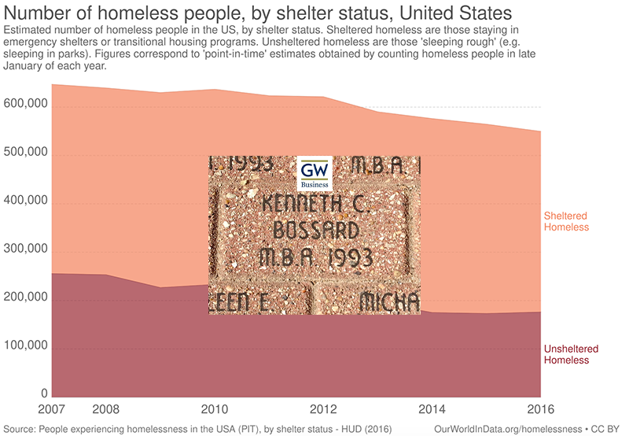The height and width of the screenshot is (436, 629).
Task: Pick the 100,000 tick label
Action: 27,346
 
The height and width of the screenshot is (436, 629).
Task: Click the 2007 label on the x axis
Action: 51,410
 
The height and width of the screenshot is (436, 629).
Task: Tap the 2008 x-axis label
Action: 105,410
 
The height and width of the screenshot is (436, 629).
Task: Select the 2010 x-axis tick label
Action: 214,410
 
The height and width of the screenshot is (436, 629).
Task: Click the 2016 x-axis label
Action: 539,410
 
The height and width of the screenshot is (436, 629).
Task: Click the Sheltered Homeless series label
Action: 566,221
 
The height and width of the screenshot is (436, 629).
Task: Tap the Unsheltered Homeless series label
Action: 571,354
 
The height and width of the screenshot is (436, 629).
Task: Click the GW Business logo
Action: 317,172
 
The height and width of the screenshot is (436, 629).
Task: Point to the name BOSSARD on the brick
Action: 314,231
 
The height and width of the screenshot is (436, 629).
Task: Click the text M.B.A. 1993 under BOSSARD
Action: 314,257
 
